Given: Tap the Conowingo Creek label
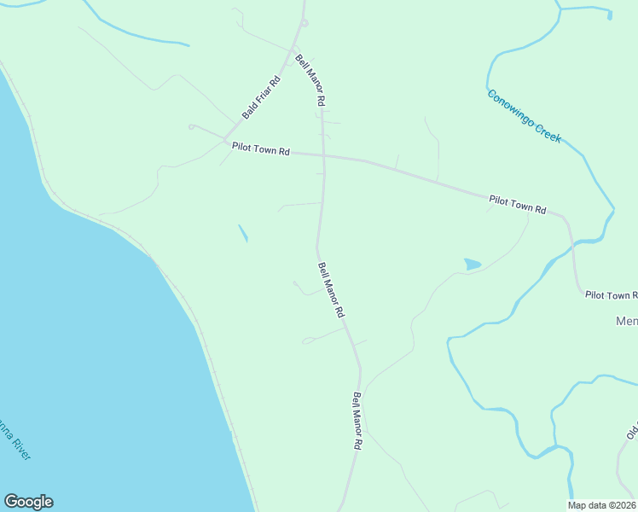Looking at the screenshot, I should (524, 115).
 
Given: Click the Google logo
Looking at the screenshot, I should (28, 502).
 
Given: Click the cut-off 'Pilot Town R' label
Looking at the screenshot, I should (611, 295).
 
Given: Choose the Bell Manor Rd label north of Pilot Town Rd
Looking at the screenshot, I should (310, 80).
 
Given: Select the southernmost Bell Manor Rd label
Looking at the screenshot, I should (358, 422).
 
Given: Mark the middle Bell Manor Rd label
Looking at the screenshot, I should (330, 291).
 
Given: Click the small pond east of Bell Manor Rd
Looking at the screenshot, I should (472, 265).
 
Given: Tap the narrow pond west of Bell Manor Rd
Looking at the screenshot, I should (243, 232).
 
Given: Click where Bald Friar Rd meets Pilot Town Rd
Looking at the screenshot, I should (225, 140).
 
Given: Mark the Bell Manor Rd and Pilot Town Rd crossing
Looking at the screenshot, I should (322, 155).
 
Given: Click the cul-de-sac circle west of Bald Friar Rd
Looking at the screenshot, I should (192, 127).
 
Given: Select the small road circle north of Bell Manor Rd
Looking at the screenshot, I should (304, 23).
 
